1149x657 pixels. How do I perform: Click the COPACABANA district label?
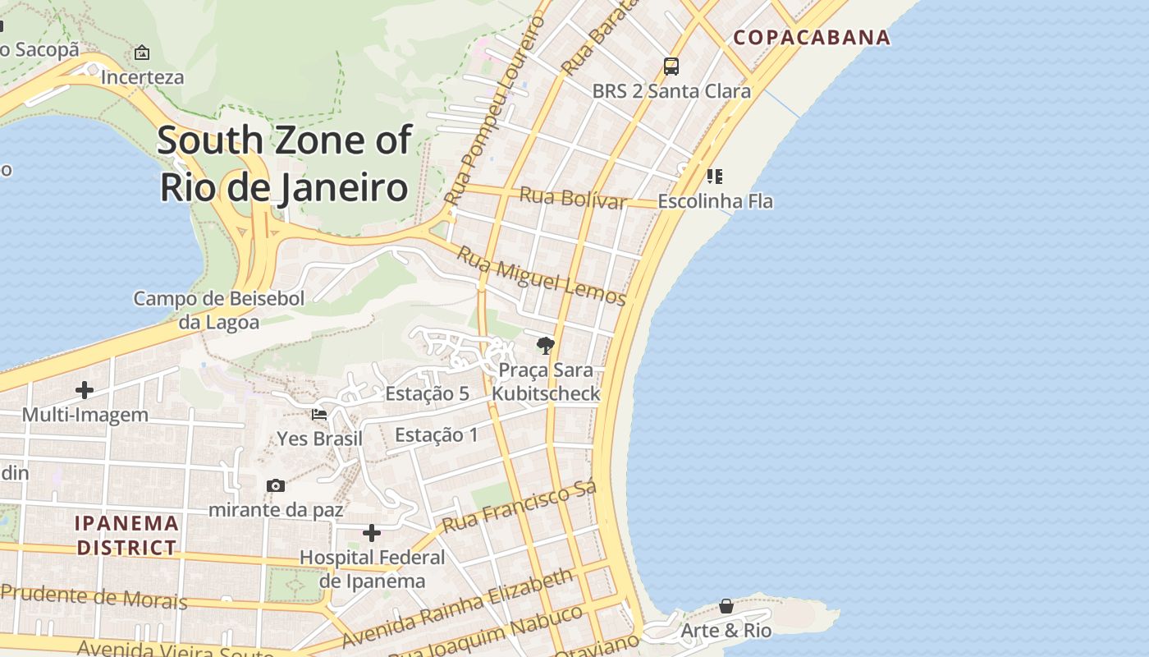811,37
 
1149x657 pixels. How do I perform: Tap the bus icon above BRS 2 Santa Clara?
671,67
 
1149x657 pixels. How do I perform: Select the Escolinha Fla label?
715,201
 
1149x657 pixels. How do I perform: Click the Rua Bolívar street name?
573,199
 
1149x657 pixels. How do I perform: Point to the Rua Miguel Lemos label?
542,276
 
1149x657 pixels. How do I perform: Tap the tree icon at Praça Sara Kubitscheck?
545,345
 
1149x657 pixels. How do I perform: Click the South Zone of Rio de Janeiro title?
284,163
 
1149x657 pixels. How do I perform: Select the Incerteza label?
142,77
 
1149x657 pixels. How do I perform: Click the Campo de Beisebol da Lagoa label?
219,310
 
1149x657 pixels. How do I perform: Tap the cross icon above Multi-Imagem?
85,390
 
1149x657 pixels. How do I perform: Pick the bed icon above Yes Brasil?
319,415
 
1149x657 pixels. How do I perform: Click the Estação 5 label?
427,394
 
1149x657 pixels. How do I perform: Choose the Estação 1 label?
436,434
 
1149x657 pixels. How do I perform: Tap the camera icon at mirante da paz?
276,485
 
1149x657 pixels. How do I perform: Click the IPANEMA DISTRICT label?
126,535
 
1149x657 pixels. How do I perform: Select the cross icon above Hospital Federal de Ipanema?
372,533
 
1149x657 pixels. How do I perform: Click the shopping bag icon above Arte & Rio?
726,606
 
